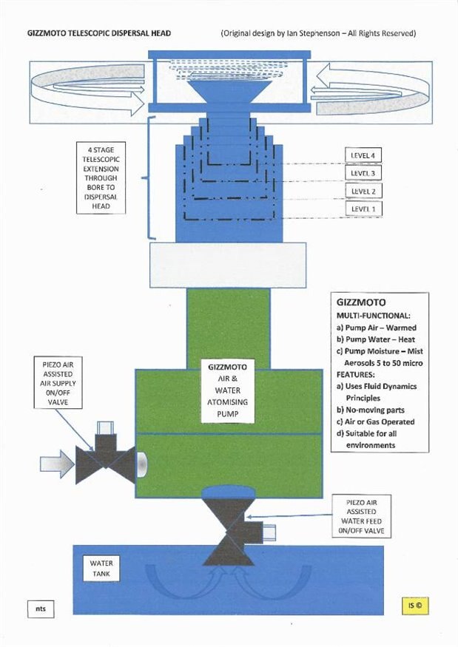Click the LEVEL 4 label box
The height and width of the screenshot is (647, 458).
click(363, 155)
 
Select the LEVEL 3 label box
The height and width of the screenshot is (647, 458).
click(363, 173)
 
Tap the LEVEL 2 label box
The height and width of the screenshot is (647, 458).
click(363, 191)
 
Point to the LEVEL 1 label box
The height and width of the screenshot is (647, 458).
click(363, 209)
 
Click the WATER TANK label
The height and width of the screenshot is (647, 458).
click(101, 569)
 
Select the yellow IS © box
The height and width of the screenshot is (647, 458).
click(415, 606)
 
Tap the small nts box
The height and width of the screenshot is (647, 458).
click(41, 609)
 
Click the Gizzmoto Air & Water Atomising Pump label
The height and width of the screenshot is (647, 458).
click(228, 390)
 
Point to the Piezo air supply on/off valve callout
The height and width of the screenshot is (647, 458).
click(58, 383)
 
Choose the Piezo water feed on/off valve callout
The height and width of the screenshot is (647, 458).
click(361, 516)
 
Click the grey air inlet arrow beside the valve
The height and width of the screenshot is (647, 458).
click(56, 464)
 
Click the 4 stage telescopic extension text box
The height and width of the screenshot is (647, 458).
click(101, 178)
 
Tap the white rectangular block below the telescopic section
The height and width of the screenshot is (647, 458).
click(228, 265)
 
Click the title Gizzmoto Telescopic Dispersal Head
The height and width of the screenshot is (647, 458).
click(99, 33)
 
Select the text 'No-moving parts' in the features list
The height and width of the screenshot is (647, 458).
click(374, 410)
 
